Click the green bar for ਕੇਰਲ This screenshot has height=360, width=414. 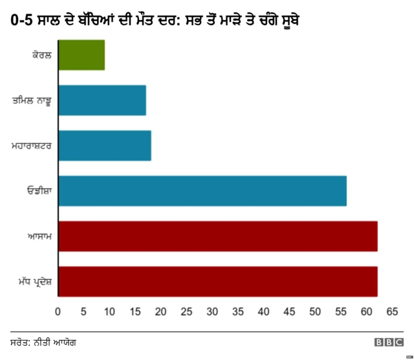[82, 55]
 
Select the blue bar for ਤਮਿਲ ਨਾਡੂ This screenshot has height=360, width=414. [102, 100]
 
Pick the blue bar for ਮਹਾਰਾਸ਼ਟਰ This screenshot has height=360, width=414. [105, 146]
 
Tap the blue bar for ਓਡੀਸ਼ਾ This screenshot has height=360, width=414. [202, 191]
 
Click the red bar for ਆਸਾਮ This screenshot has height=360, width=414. [218, 236]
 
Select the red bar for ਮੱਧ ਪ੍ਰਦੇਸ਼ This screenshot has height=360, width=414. [218, 282]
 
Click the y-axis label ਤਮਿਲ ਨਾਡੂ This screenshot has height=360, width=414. [32, 101]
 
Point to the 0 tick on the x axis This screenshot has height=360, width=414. [58, 312]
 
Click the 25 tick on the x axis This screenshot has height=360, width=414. [186, 312]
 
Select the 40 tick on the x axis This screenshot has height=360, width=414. [263, 312]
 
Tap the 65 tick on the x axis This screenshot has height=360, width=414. [391, 312]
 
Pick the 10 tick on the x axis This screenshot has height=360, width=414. [109, 312]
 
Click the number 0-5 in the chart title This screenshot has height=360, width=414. [22, 21]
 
